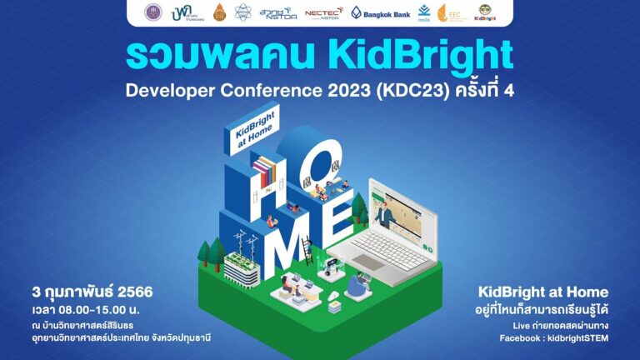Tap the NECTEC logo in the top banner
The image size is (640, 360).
[x=324, y=12]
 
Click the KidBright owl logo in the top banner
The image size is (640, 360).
[x=482, y=12]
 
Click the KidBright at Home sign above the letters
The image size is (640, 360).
[x=242, y=132]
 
